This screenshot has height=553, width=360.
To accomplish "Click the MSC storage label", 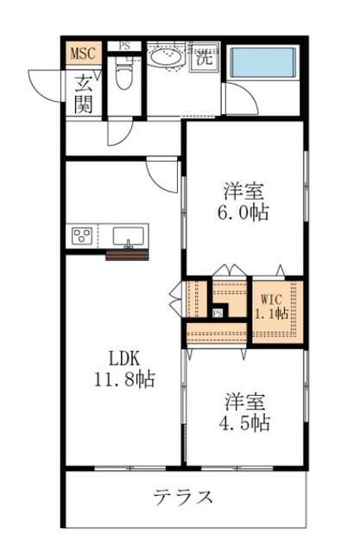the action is point(84,54).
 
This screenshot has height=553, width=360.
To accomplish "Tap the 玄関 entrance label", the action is point(84,94).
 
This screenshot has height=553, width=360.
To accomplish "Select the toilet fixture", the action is point(123,73).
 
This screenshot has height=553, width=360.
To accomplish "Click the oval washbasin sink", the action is point(166,57).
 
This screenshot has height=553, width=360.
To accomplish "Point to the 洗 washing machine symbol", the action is point(205,58).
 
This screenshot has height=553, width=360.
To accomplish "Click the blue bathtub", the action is point(262,62).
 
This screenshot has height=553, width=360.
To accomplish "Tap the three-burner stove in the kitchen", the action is point(82,235).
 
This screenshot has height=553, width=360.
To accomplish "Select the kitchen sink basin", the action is point(129,236).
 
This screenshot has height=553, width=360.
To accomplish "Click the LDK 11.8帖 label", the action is point(124,369).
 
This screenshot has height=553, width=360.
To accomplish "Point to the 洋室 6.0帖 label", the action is point(243,202).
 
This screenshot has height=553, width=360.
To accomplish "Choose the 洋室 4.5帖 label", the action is point(245,412).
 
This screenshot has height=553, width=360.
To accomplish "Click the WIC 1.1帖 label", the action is point(271,307).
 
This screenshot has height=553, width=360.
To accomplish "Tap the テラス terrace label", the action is point(183,498).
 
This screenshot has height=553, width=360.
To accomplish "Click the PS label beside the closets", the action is point(218,313).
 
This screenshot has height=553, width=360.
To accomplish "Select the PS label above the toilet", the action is point(124,46).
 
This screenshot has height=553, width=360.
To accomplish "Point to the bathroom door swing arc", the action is point(248,95).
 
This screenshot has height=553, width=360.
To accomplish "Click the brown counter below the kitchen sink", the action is point(127,255).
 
